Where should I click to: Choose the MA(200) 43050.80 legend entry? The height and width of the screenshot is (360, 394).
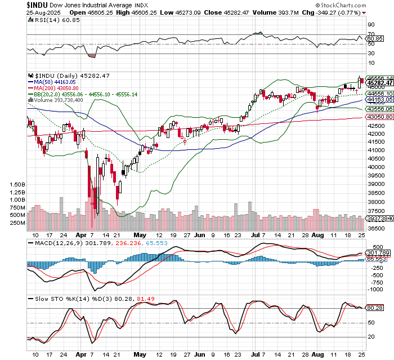(x=55, y=88)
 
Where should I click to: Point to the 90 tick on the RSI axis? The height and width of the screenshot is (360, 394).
(x=371, y=25)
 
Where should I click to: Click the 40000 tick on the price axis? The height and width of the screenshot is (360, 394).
(x=375, y=167)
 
